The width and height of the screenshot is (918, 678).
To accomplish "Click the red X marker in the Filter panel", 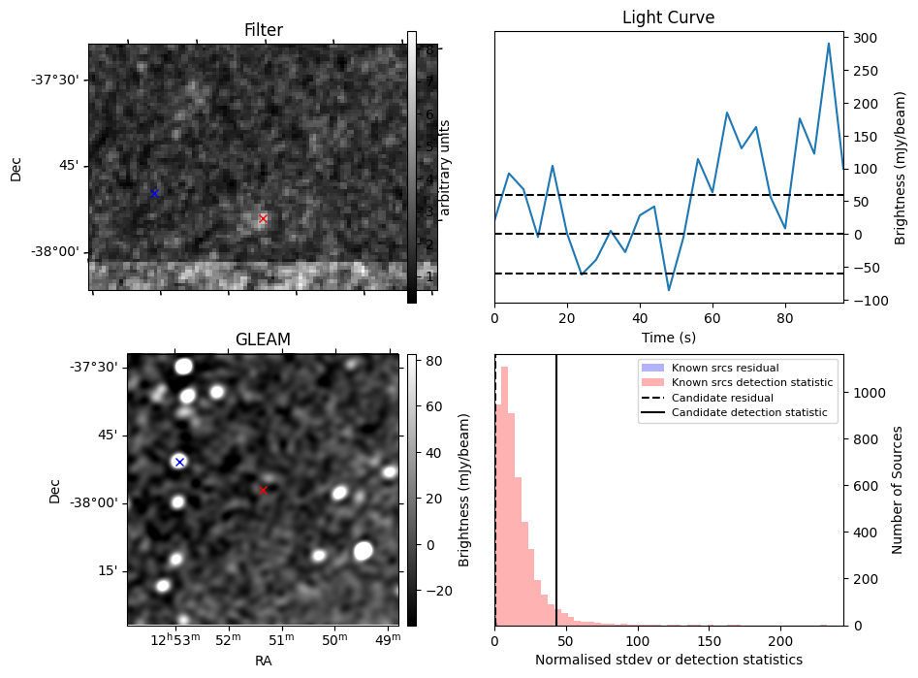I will pyautogui.click(x=263, y=219).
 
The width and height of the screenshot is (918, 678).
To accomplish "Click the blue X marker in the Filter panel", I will pyautogui.click(x=153, y=193).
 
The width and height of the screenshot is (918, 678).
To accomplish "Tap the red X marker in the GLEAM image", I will pyautogui.click(x=263, y=490).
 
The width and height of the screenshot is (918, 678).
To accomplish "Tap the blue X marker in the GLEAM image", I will pyautogui.click(x=178, y=462).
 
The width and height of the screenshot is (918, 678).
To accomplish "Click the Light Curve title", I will pyautogui.click(x=668, y=17).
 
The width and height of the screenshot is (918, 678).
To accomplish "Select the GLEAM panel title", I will pyautogui.click(x=263, y=339).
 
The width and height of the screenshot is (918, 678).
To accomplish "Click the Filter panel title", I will pyautogui.click(x=263, y=31).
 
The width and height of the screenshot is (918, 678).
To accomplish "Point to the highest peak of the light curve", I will pyautogui.click(x=828, y=44).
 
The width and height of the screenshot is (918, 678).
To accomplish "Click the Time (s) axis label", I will pyautogui.click(x=668, y=337).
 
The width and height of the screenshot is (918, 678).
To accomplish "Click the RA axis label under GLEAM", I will pyautogui.click(x=263, y=661).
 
